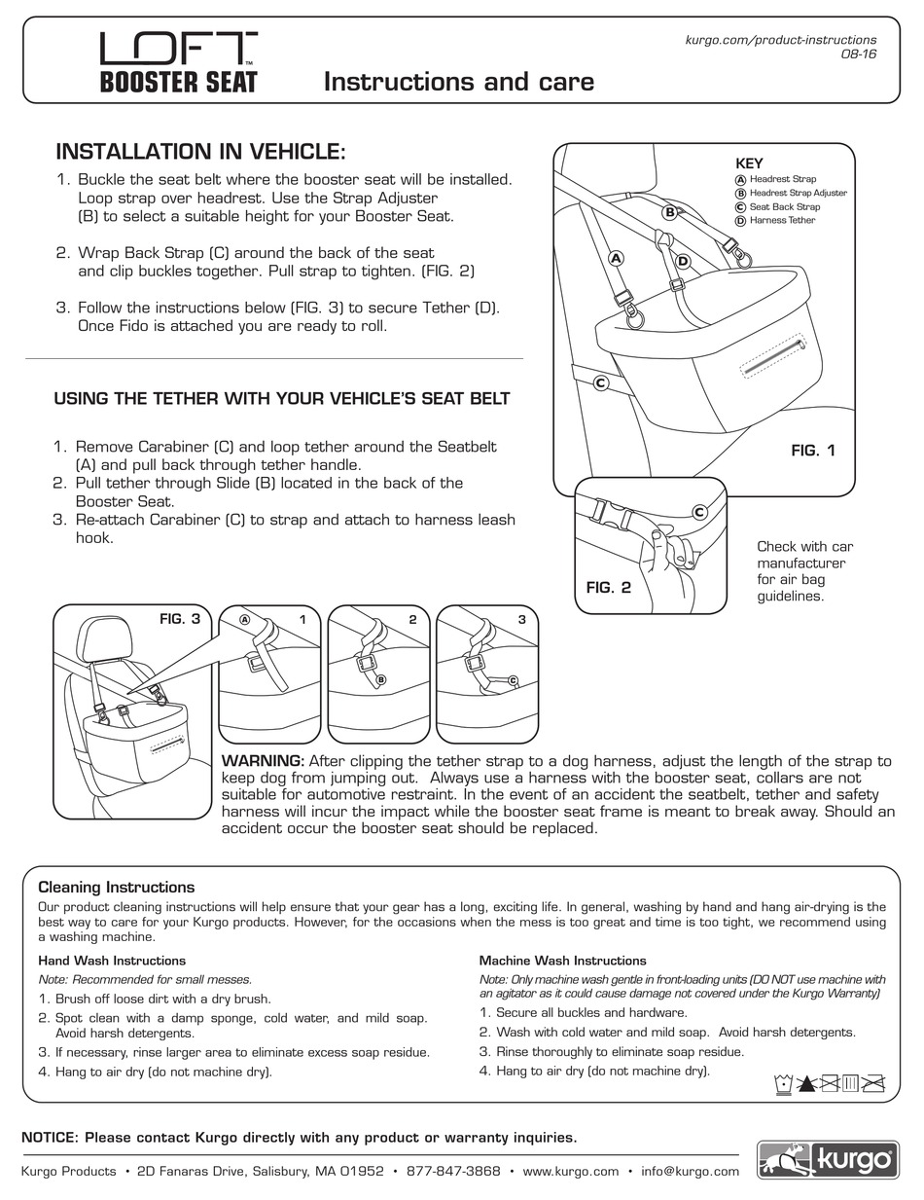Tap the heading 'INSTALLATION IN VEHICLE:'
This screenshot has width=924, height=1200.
coord(200,152)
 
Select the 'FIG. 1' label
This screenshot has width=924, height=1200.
coord(812,451)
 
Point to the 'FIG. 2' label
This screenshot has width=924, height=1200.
coord(608,588)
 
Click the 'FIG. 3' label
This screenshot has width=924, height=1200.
coord(179,619)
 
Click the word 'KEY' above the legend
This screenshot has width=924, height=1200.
coord(749,164)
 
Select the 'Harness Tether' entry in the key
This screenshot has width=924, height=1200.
coord(782,221)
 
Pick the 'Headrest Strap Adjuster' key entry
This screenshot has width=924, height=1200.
coord(798,193)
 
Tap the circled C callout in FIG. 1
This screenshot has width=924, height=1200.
coord(601,383)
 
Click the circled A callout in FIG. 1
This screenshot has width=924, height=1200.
coord(615,258)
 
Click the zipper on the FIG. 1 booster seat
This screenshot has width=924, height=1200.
coord(772,355)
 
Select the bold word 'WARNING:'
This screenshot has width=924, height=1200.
coord(264,761)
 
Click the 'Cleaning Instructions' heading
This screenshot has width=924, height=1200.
coord(116,887)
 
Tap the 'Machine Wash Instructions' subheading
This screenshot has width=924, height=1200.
coord(562,961)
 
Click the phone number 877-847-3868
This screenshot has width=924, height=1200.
coord(453,1172)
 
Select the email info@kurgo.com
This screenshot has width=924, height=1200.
coord(691,1172)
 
